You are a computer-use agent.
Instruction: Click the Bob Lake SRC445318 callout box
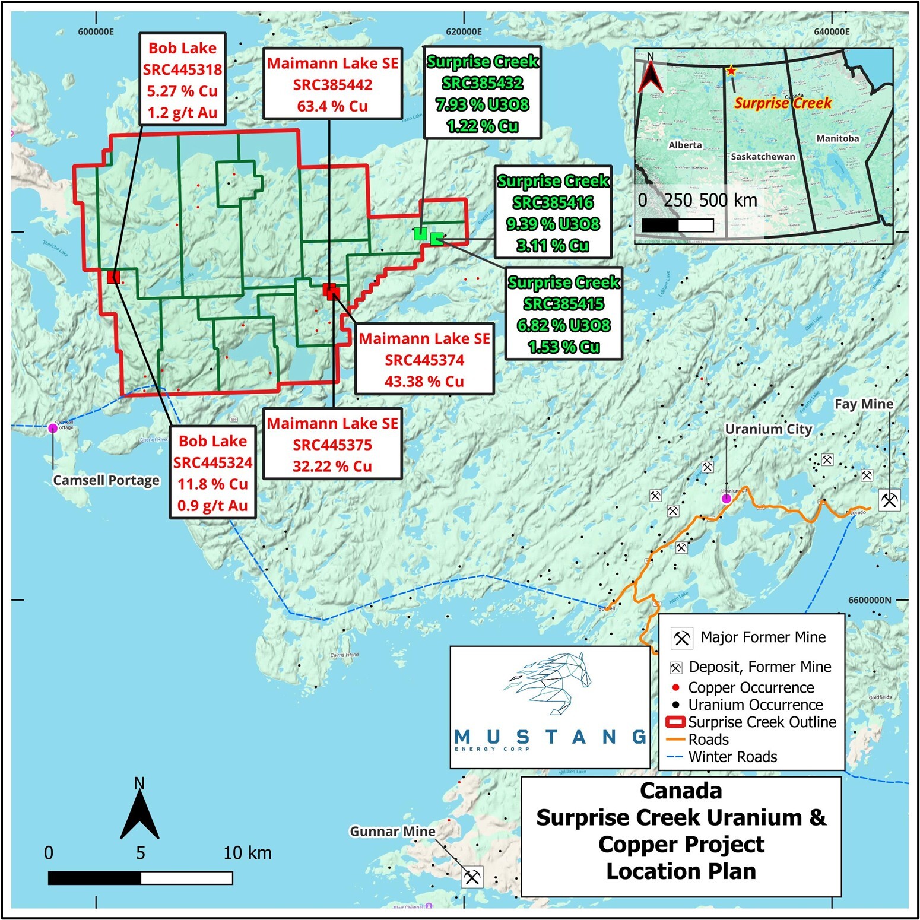click(x=182, y=79)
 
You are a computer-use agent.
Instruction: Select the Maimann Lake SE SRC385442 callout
click(x=332, y=84)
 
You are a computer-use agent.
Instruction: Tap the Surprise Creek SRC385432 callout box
click(x=482, y=93)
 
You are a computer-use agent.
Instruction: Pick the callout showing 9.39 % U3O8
click(x=553, y=212)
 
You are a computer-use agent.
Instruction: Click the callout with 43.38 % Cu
click(x=424, y=360)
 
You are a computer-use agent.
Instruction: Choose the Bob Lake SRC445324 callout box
click(x=212, y=472)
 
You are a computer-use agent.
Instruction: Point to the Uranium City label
click(x=768, y=429)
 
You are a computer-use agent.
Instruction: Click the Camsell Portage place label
click(x=106, y=480)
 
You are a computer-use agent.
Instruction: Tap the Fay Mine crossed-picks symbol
click(x=889, y=500)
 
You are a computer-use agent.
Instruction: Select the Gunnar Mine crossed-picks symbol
click(x=472, y=876)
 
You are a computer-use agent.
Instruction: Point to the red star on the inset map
click(x=731, y=71)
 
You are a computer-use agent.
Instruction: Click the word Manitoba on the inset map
click(x=837, y=138)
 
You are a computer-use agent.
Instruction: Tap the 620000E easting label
click(x=464, y=31)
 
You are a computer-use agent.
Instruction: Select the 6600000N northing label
click(x=870, y=599)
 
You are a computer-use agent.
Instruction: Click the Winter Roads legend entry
click(x=732, y=757)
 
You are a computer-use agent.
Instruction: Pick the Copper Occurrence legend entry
click(x=751, y=687)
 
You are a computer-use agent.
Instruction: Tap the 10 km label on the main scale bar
click(x=248, y=853)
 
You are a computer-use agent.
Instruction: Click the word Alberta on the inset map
click(x=685, y=145)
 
